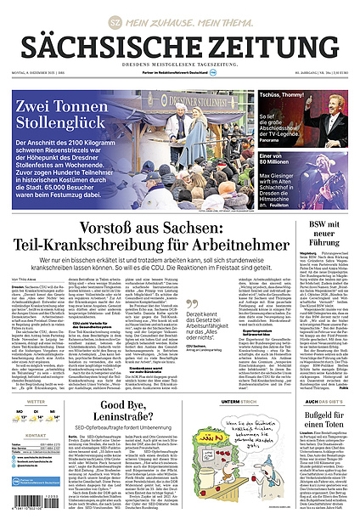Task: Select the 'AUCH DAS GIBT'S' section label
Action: [x=323, y=400]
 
